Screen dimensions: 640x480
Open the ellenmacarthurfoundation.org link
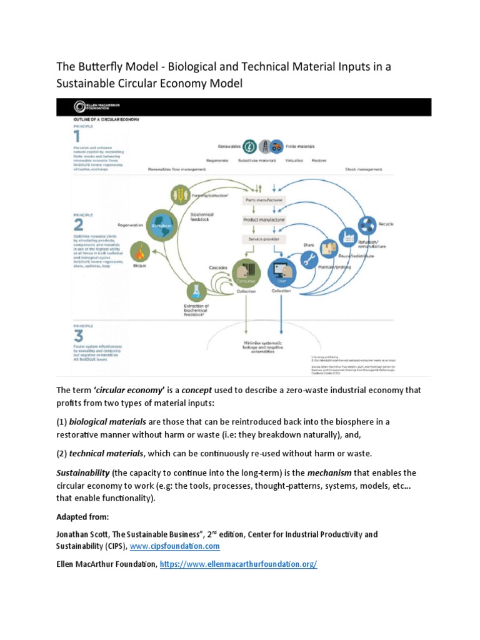click(239, 564)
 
